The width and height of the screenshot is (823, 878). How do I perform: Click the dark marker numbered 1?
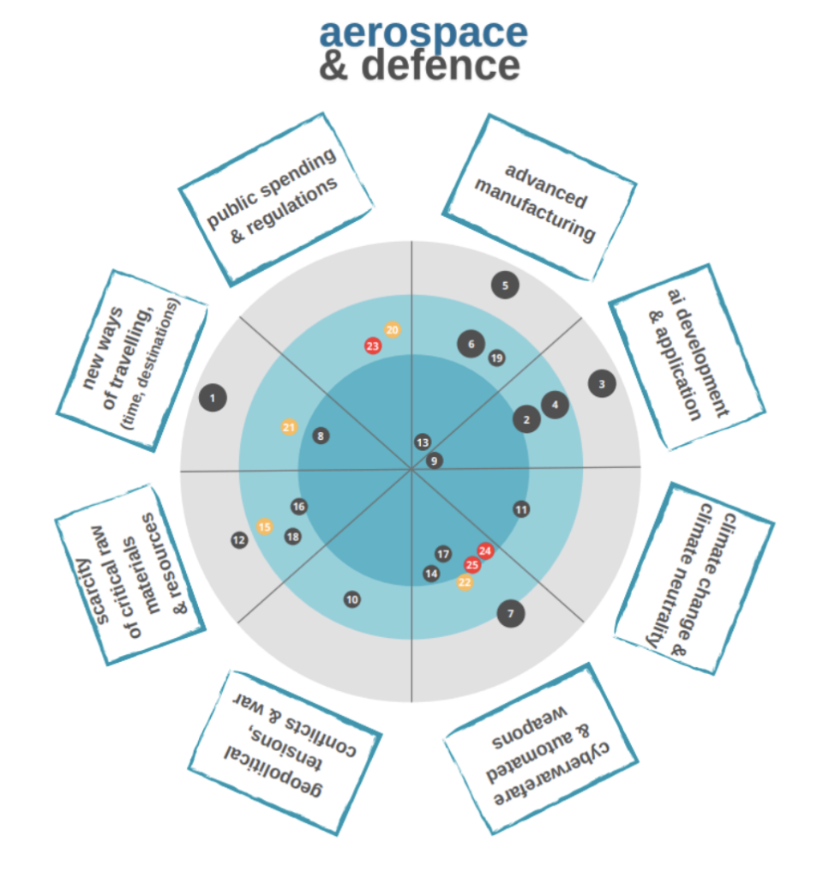point(212,397)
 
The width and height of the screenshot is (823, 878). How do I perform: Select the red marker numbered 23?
point(372,346)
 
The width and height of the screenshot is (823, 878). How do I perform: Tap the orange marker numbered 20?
point(392,330)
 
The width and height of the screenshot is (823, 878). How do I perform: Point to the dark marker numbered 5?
point(506,286)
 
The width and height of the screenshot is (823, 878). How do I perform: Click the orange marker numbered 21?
point(289,427)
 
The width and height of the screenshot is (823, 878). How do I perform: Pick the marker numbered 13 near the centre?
point(423,442)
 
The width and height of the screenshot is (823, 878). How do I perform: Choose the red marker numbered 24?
point(485,551)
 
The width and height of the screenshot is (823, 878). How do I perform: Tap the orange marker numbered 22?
point(465,582)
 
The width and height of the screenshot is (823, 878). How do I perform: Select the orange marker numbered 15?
point(265,526)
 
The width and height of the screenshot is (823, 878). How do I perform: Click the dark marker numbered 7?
point(510,613)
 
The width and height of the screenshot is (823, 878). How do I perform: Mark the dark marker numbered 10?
point(352,599)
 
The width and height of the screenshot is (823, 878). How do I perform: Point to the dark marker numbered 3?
point(602,384)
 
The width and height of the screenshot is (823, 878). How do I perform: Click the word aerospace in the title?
point(424,33)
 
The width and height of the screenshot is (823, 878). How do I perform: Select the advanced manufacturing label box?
point(538,197)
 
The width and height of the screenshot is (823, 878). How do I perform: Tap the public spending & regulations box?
point(275,198)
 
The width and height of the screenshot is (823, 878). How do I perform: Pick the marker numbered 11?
point(521,509)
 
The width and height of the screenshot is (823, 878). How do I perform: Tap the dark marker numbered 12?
point(239,540)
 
